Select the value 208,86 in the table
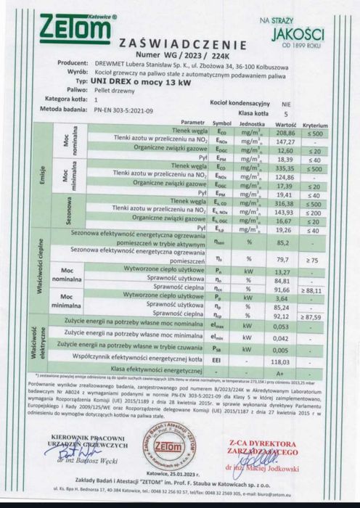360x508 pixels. click(287, 135)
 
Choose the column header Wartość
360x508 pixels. click(287, 124)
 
